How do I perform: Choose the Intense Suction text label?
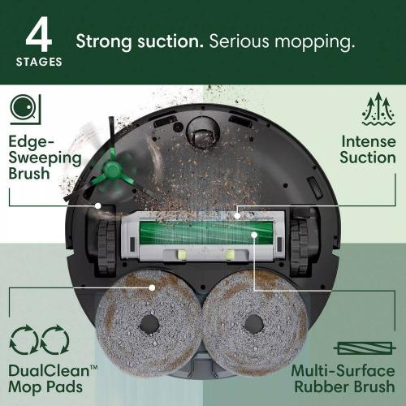368,149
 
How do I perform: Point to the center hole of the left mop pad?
149,323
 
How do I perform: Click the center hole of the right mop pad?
256,323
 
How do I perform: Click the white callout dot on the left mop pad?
151,286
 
